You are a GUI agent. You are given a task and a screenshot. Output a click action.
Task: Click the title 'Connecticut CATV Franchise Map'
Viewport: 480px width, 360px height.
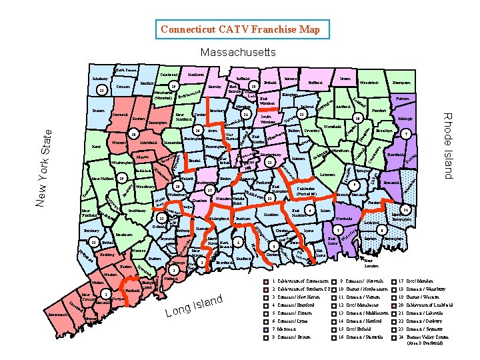(x=240, y=29)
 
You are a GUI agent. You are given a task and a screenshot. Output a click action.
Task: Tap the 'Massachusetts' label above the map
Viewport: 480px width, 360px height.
(x=238, y=52)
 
